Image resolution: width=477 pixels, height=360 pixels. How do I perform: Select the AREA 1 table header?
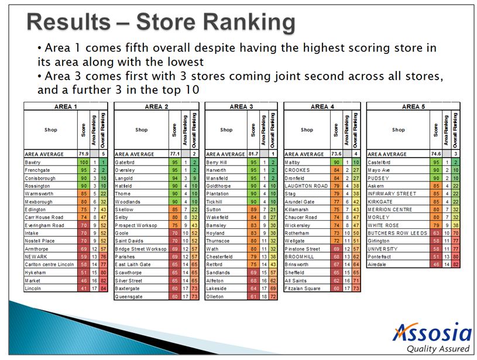pyautogui.click(x=65, y=107)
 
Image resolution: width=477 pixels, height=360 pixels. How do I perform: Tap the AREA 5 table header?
pyautogui.click(x=413, y=107)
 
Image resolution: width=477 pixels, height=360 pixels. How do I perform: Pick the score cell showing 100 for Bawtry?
pyautogui.click(x=83, y=162)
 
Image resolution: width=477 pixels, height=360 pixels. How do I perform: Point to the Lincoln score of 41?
pyautogui.click(x=83, y=288)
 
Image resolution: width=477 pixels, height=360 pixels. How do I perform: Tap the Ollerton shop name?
pyautogui.click(x=217, y=296)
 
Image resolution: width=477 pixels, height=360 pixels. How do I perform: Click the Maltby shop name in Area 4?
pyautogui.click(x=293, y=162)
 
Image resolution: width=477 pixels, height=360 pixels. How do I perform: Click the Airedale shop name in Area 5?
pyautogui.click(x=378, y=264)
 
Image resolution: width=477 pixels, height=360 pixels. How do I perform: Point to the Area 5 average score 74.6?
pyautogui.click(x=436, y=154)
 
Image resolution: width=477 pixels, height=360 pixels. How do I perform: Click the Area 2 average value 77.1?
pyautogui.click(x=173, y=154)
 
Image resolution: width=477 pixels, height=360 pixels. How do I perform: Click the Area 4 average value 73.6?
pyautogui.click(x=335, y=154)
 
